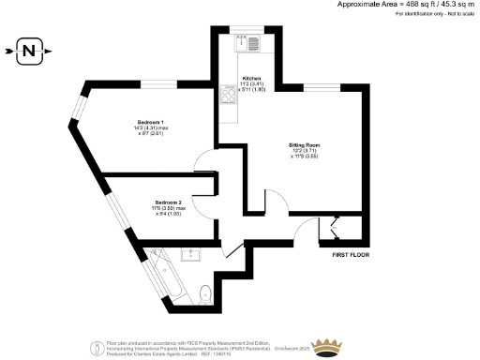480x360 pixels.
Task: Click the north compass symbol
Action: (x=30, y=49)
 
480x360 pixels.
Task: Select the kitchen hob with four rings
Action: (x=229, y=95)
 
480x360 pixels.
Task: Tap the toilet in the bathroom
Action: (x=204, y=296)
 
